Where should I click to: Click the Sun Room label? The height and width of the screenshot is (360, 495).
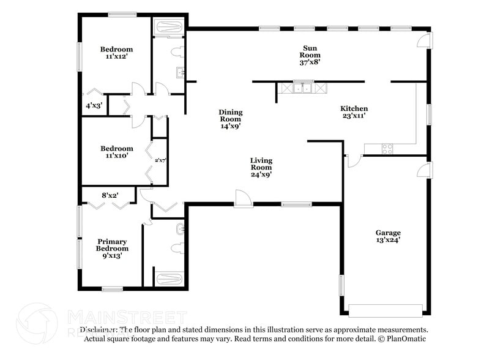(x=310, y=54)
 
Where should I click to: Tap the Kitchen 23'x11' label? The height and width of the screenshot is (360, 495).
(x=354, y=113)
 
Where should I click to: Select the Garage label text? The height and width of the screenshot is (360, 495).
(x=388, y=236)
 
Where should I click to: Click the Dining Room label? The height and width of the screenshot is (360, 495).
(x=231, y=119)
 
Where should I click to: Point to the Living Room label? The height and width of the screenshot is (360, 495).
(x=261, y=167)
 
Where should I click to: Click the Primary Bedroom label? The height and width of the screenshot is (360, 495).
(x=112, y=249)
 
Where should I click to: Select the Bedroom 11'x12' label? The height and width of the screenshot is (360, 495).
(x=116, y=53)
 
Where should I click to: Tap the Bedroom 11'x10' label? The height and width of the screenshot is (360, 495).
(x=116, y=152)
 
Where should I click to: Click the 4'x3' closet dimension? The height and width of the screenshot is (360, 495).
(x=94, y=105)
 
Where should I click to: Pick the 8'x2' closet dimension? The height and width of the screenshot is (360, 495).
(x=110, y=195)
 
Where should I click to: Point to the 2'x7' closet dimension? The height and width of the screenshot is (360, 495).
(x=160, y=160)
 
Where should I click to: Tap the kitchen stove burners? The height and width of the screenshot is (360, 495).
(x=387, y=148)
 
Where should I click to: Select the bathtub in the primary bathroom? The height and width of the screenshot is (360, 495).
(x=169, y=279)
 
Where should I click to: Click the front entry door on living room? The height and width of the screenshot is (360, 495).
(x=243, y=198)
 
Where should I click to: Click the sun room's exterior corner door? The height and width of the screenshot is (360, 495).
(x=424, y=40)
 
